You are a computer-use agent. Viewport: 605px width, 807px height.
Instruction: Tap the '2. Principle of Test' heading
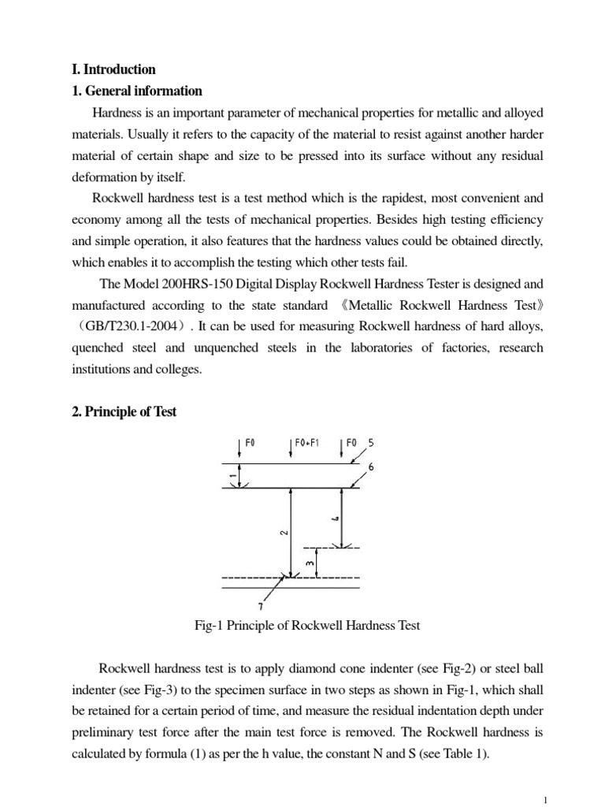(x=124, y=411)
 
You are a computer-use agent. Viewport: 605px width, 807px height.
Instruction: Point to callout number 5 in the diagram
(x=371, y=443)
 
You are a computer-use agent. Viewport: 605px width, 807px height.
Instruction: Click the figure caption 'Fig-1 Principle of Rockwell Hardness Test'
(x=307, y=626)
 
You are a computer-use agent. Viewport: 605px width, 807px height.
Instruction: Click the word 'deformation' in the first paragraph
(x=102, y=177)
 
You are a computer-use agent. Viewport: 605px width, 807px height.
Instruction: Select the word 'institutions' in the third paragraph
(x=101, y=368)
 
